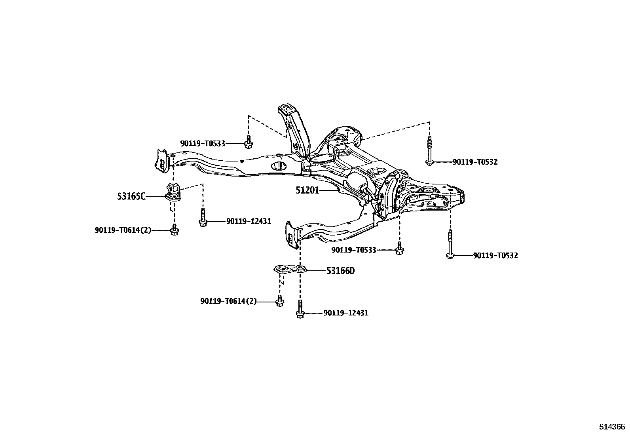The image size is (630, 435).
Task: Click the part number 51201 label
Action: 307,190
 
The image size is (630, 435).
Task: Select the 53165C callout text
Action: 131,196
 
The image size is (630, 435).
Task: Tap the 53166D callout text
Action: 340,271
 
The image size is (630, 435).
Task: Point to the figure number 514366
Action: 611,427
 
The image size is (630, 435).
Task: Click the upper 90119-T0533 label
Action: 202,143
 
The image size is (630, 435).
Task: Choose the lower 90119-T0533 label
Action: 353,250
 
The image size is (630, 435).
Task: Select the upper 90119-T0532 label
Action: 475,162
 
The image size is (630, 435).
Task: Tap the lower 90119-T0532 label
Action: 495,256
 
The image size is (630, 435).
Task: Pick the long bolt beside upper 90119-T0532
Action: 429,151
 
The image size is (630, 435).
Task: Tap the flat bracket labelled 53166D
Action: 291,271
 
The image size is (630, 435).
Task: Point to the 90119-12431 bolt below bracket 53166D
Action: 300,310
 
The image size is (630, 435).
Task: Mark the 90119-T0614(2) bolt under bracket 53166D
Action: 279,301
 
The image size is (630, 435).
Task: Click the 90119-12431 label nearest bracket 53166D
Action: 345,313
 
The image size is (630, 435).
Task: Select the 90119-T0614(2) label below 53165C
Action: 123,230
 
